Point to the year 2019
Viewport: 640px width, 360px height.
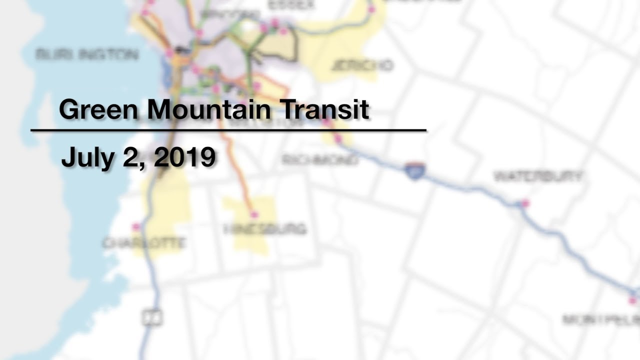point(184,157)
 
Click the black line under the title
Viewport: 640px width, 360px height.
point(228,130)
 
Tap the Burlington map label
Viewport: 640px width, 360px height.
point(87,54)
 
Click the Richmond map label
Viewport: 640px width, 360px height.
point(320,160)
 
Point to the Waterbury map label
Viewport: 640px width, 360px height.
point(538,176)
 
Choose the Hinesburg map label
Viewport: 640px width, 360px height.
point(264,229)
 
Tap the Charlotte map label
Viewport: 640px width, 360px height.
point(144,243)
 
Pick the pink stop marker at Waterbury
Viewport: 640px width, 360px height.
point(525,203)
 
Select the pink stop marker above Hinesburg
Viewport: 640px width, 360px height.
point(254,214)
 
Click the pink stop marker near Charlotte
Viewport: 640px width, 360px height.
point(136,227)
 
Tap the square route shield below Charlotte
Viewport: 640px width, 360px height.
point(152,317)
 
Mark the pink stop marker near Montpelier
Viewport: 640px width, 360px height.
point(632,300)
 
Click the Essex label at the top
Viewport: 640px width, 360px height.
point(291,5)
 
